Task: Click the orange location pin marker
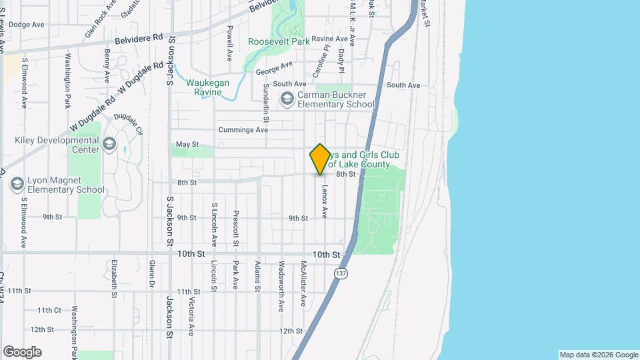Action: click(320, 159)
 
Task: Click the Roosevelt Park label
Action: click(279, 41)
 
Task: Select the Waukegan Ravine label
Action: click(207, 87)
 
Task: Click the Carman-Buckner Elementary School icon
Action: click(287, 99)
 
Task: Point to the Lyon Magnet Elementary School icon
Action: click(17, 184)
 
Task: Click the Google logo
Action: click(22, 352)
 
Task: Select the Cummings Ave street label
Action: click(243, 129)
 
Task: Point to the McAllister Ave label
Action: click(303, 283)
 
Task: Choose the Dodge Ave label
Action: click(26, 25)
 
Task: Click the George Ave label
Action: click(274, 67)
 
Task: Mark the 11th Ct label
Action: click(49, 310)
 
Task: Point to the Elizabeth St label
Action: click(115, 277)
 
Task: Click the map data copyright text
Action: click(599, 355)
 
